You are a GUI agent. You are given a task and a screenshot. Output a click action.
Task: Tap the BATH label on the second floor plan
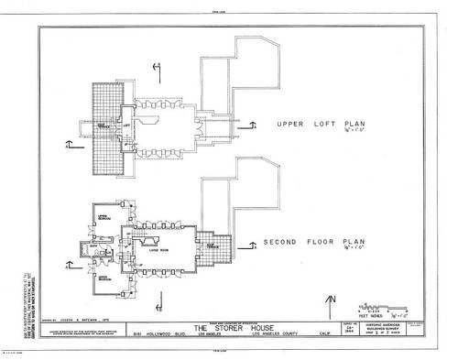[x=95, y=245]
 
